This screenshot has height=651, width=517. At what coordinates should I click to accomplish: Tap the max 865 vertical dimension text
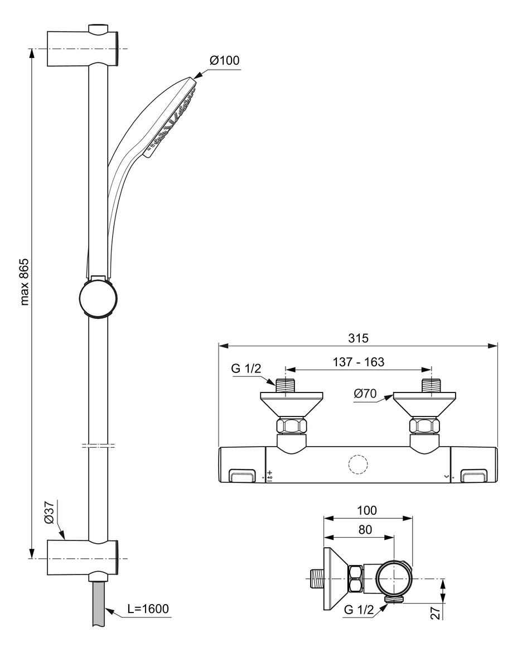pyautogui.click(x=25, y=281)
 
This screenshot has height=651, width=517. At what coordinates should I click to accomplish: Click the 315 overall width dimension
pyautogui.click(x=358, y=338)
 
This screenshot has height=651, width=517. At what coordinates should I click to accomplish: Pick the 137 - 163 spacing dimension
pyautogui.click(x=359, y=362)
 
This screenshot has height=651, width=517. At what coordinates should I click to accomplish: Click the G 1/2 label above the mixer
pyautogui.click(x=247, y=369)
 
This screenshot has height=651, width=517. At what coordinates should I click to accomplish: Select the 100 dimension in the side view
pyautogui.click(x=368, y=510)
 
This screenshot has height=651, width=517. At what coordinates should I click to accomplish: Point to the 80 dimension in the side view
pyautogui.click(x=365, y=529)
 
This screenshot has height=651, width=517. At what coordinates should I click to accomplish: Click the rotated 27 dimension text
pyautogui.click(x=437, y=612)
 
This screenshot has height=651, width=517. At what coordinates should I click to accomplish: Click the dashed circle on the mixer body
pyautogui.click(x=357, y=465)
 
